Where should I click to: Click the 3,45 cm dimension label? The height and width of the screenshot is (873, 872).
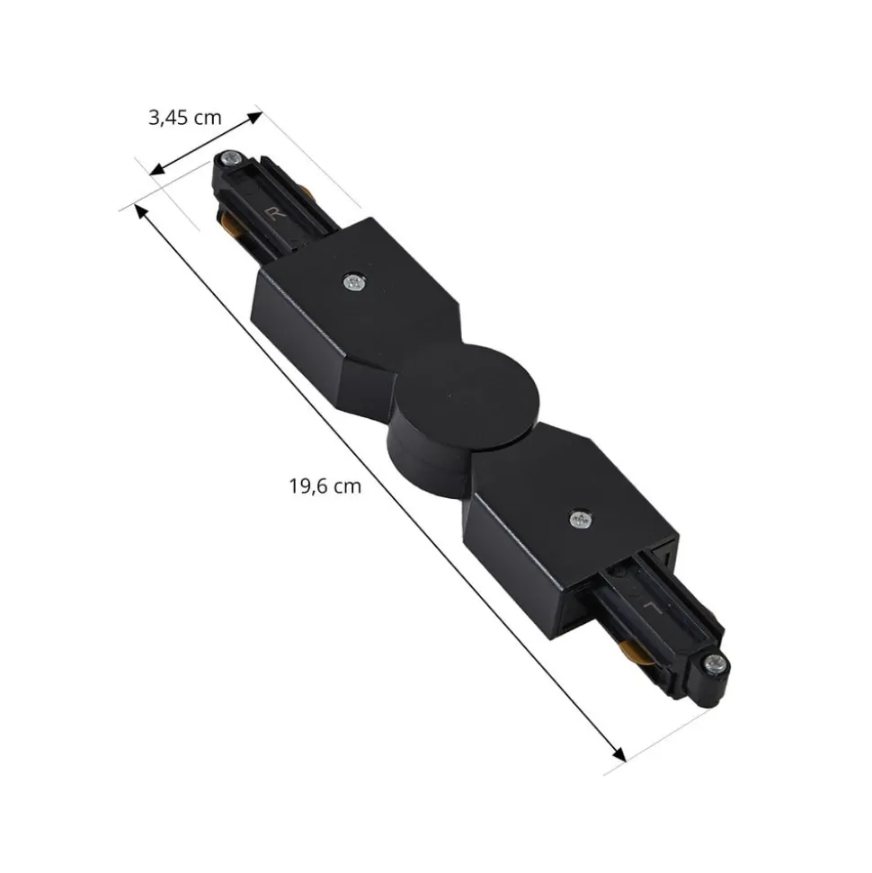pos(184,118)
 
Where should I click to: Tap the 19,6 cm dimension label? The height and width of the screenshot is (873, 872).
pos(325,486)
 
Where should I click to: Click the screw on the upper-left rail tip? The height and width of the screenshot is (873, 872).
pos(229,160)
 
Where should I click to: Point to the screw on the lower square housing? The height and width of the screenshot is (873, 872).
pos(580,519)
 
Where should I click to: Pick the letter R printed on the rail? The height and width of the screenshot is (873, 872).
pos(272,212)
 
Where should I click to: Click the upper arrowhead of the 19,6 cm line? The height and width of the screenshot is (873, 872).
pos(140,210)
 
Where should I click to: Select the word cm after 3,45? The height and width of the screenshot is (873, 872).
pos(208,118)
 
